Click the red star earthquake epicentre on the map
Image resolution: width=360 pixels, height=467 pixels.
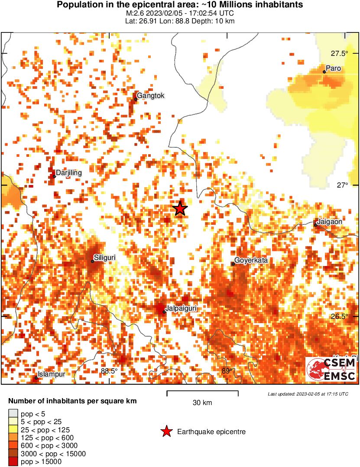(180, 209)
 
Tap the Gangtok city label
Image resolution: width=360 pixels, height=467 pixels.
(151, 96)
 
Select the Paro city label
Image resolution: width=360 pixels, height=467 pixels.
(333, 68)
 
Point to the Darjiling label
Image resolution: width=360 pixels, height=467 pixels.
(69, 173)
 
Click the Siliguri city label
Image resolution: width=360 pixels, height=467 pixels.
(105, 258)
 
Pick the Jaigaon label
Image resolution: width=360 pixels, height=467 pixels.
(330, 221)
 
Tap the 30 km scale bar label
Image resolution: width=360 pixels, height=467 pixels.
(202, 403)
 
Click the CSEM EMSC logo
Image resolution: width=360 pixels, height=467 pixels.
(331, 370)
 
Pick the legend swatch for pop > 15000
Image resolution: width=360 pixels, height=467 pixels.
(13, 462)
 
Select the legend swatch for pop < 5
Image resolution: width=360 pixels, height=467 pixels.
(13, 414)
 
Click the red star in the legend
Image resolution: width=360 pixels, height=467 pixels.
(166, 431)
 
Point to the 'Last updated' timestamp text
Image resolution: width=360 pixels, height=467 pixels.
(308, 394)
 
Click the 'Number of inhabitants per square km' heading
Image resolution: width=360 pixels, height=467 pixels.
(73, 401)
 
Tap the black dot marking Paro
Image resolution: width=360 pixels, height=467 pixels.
(324, 72)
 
